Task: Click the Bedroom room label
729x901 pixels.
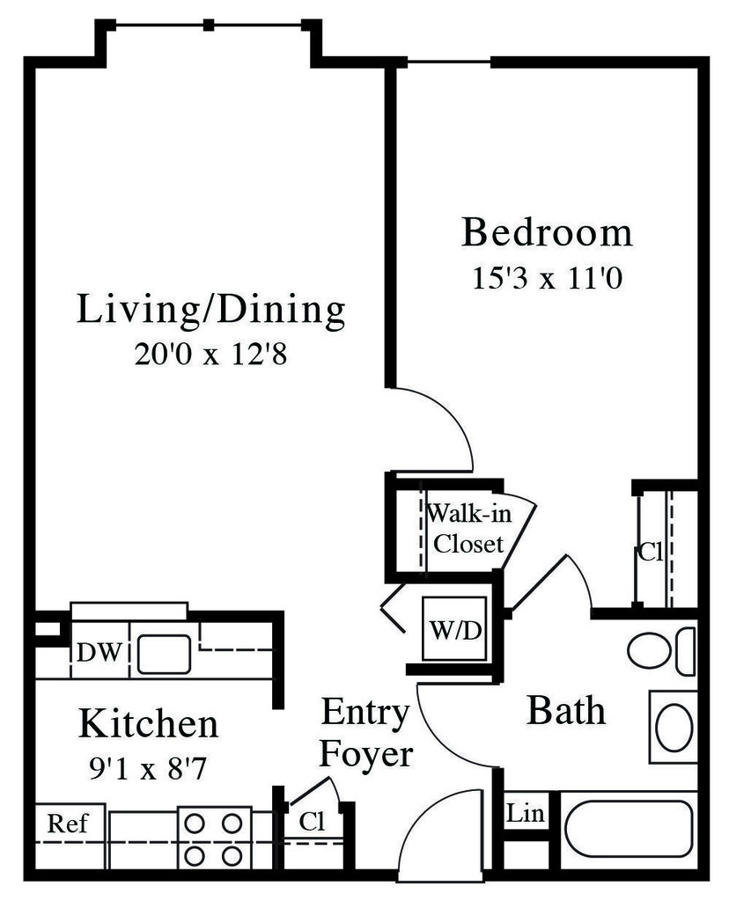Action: [547, 233]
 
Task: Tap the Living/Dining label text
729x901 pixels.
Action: [210, 311]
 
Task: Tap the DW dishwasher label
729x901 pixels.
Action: [99, 653]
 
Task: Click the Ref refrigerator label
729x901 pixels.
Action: [67, 824]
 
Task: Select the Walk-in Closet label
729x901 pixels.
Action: [467, 528]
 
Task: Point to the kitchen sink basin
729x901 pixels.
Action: [163, 654]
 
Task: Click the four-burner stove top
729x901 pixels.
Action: [212, 839]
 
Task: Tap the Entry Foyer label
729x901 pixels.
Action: [365, 733]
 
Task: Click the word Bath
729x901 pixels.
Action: [565, 711]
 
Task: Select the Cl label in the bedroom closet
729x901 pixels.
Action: [650, 553]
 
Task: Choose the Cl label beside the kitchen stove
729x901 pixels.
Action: [312, 822]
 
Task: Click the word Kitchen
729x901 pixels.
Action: [148, 724]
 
